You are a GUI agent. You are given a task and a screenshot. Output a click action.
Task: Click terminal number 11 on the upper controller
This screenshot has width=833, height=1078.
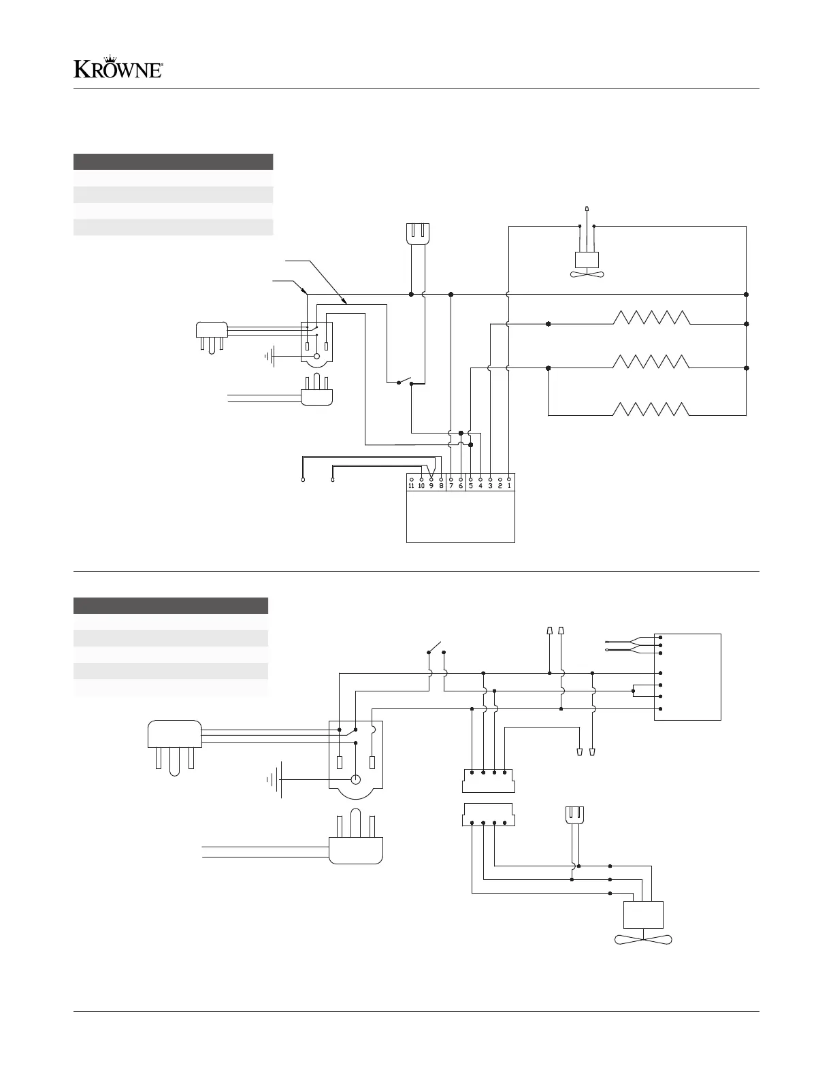411,485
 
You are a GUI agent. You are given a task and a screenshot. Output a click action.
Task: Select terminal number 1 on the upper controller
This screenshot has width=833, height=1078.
509,485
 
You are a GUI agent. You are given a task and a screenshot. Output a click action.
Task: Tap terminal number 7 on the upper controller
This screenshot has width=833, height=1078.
451,485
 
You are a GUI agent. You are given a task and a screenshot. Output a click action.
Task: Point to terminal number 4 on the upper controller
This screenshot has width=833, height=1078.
480,485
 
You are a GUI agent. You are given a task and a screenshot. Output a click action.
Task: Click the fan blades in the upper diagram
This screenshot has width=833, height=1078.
587,274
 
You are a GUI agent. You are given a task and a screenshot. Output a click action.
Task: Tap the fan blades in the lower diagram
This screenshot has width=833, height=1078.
644,941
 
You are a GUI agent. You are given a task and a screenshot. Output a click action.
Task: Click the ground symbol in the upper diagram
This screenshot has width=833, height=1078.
272,355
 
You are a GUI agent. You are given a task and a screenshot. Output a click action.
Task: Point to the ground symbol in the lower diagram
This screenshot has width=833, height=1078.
275,779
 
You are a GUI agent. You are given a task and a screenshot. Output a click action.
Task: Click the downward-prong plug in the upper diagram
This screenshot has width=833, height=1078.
211,336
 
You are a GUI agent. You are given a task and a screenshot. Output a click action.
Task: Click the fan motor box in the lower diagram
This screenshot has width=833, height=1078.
644,914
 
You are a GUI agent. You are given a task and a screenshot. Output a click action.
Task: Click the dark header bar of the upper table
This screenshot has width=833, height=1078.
173,161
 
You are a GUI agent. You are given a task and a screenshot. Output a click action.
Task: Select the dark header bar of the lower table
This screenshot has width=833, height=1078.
170,605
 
